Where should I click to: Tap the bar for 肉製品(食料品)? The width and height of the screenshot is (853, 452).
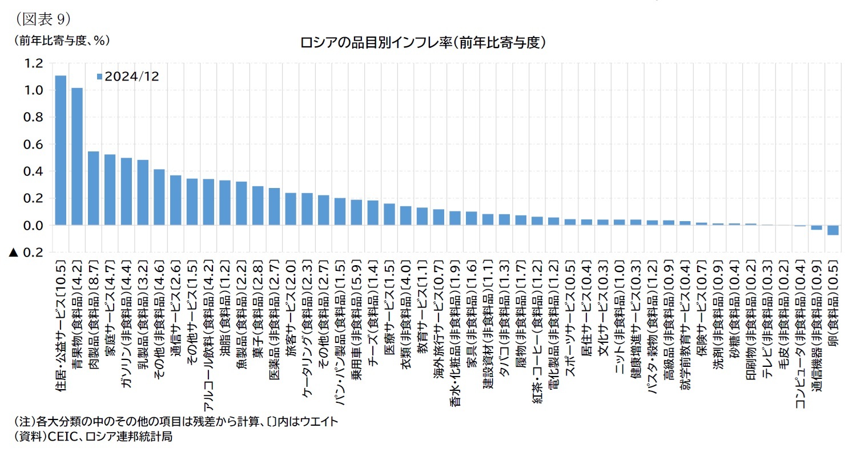click(x=94, y=189)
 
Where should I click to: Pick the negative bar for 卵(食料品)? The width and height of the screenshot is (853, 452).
click(x=833, y=230)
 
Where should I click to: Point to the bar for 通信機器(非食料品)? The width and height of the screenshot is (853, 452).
click(x=816, y=227)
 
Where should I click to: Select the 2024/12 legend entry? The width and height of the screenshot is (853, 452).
click(x=128, y=77)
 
